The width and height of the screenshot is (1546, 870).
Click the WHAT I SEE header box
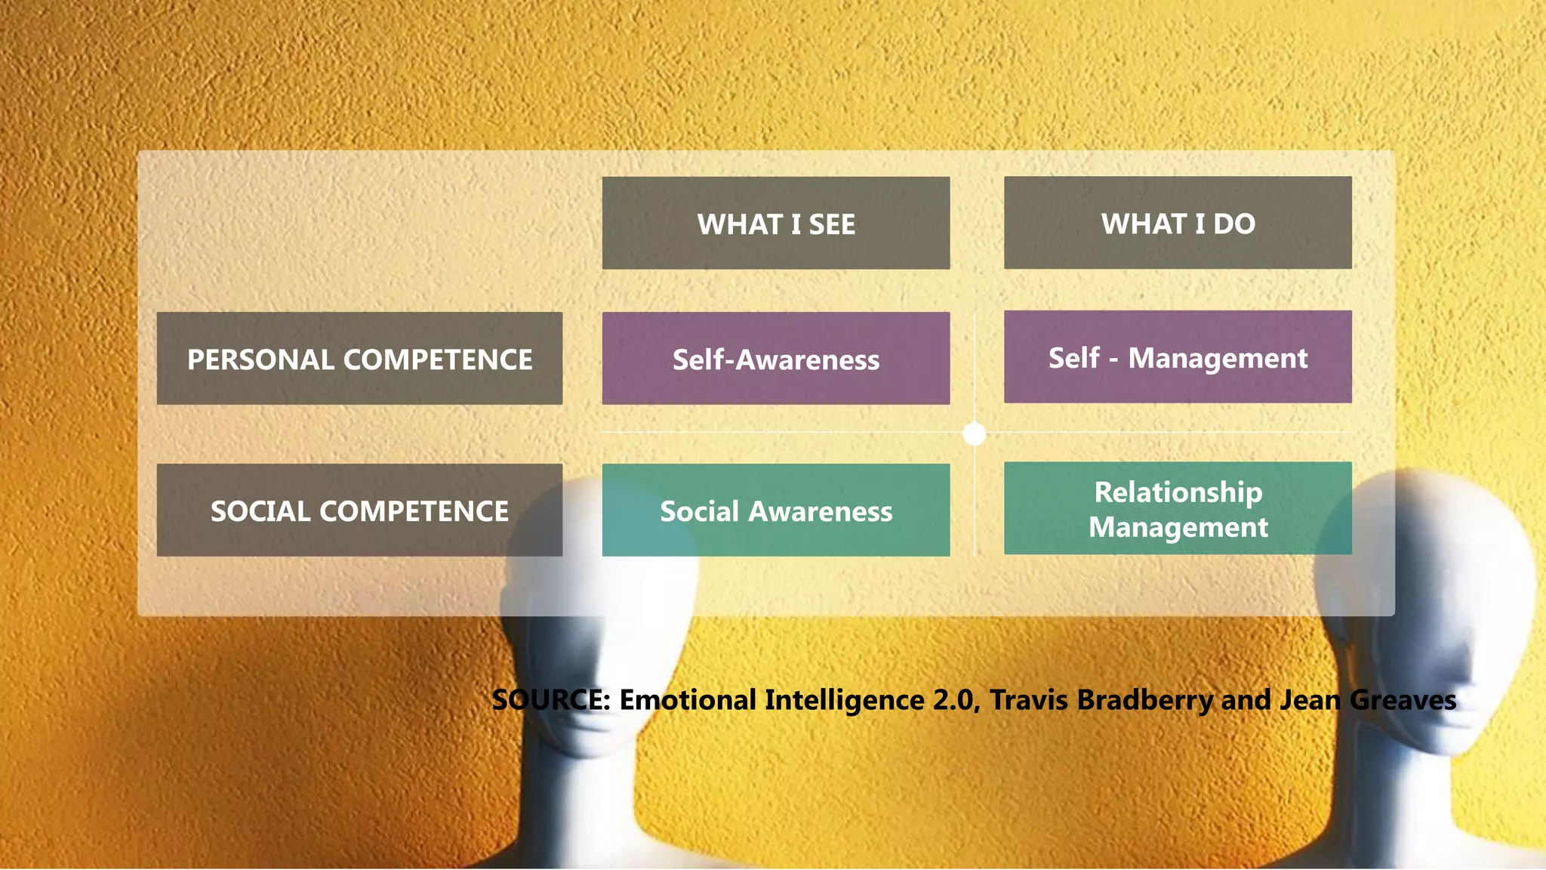pos(775,223)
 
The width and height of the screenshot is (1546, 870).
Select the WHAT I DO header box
pos(1178,223)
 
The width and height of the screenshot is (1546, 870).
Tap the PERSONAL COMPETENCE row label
pos(359,359)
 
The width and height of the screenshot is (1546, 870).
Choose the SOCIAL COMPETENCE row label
pos(359,511)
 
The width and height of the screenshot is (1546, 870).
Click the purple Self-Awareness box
pos(775,359)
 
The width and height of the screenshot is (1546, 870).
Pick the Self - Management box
pos(1178,357)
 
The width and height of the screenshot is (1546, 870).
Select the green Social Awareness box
pos(775,511)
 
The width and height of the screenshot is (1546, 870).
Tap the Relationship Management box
pos(1178,508)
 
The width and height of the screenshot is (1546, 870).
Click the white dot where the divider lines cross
pos(975,433)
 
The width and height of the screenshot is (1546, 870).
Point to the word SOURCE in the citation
pos(550,700)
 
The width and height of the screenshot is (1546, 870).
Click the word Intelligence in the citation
pos(844,700)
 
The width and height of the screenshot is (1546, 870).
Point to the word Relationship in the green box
pos(1178,492)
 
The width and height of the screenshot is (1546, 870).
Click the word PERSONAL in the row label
pos(261,359)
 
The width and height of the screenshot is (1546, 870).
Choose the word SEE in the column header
pos(832,224)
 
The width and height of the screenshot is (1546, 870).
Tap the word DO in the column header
pos(1234,224)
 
